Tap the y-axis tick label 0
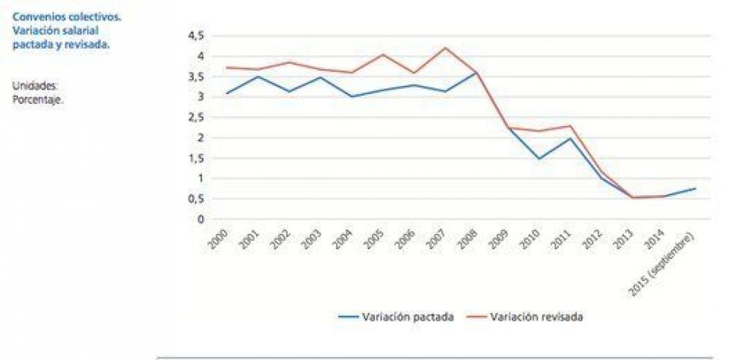coord(200,219)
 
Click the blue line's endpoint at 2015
coord(696,188)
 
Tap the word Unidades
coord(35,87)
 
